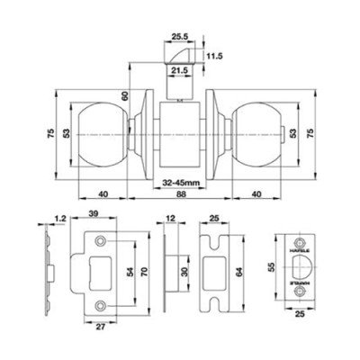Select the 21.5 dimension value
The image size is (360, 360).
pos(180,68)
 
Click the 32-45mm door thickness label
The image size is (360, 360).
pos(181,182)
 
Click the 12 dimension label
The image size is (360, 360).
pos(170,218)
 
